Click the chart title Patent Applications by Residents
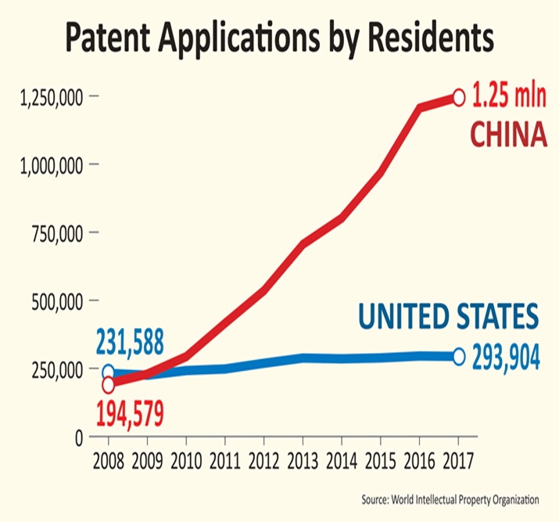tap(280, 37)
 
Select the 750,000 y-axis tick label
tap(56, 232)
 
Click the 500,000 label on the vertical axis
tap(56, 301)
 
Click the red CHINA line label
tap(507, 134)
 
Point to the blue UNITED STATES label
tap(449, 316)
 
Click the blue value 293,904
tap(506, 358)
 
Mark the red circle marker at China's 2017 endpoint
tap(459, 97)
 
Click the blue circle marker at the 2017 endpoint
tap(459, 357)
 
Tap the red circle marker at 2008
tap(109, 384)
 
